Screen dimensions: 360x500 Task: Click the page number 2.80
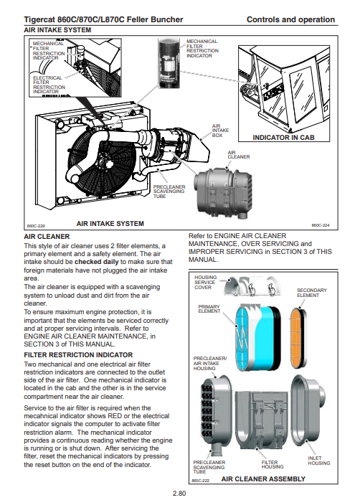coord(179,494)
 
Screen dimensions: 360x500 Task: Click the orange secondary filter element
coord(297,338)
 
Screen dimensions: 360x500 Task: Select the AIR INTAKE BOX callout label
coord(220,131)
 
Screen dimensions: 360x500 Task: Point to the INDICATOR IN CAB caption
coord(283,138)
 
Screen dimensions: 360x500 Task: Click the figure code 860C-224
coord(321,225)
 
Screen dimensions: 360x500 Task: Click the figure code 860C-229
coord(36,226)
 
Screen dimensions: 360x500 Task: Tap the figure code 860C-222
coord(201,481)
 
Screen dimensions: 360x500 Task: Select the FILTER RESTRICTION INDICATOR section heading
coord(78,355)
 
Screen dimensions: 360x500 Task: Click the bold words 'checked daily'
coord(96,262)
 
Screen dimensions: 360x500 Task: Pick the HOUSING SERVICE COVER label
coord(205,282)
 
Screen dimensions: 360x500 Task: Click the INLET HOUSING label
coord(319,461)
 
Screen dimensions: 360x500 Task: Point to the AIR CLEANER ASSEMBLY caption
coord(263,479)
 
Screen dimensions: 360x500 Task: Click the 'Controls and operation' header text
coord(291,20)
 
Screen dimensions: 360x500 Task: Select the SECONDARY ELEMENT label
coord(312,293)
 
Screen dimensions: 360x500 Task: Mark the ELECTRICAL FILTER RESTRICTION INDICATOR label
coord(49,85)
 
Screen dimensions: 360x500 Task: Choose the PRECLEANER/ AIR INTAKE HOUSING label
coord(210,363)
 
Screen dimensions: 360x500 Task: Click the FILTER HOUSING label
coord(273,464)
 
